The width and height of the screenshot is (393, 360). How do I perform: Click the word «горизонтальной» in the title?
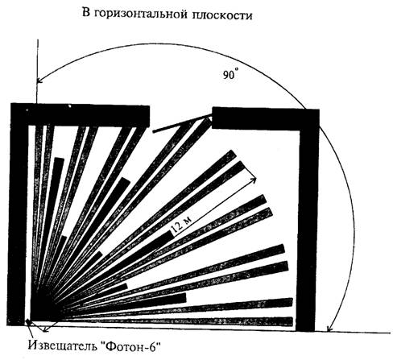(141, 14)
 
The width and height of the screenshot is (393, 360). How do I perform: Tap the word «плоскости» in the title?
(222, 15)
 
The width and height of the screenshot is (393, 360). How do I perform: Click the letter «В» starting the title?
(85, 12)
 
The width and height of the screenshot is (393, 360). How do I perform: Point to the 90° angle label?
(230, 74)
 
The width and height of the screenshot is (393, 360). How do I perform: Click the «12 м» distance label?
(182, 226)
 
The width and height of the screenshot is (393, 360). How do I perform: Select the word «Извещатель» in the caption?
(62, 346)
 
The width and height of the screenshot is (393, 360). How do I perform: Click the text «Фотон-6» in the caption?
(130, 346)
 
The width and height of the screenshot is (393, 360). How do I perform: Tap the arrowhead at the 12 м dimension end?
(254, 180)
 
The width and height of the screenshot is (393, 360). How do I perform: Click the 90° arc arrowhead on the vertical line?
(39, 81)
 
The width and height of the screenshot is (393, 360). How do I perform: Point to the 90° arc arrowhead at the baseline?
(329, 329)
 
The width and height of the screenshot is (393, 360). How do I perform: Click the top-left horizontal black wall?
(81, 115)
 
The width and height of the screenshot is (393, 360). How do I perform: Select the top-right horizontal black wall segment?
(266, 118)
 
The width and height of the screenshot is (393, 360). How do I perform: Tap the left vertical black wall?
(19, 215)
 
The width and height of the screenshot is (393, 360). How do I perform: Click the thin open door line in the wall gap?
(182, 123)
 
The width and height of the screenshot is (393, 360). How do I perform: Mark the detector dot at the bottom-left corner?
(28, 321)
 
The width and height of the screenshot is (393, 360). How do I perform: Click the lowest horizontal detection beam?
(177, 321)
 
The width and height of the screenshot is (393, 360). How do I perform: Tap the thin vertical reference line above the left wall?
(37, 72)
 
